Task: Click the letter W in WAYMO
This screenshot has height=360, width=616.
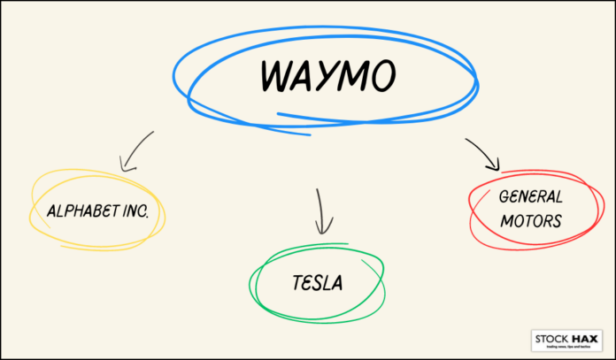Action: [278, 78]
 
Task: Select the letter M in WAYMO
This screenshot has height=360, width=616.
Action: [356, 78]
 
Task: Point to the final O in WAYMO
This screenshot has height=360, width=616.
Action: [383, 78]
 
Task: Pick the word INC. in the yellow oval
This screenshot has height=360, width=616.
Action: [142, 212]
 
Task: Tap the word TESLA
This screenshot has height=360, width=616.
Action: [317, 283]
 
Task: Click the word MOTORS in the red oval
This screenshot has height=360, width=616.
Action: [530, 221]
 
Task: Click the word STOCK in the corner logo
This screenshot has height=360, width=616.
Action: [551, 338]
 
